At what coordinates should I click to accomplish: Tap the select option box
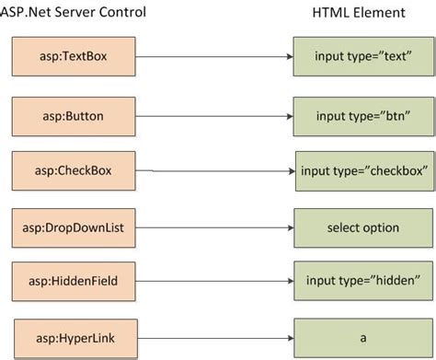pos(361,226)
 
